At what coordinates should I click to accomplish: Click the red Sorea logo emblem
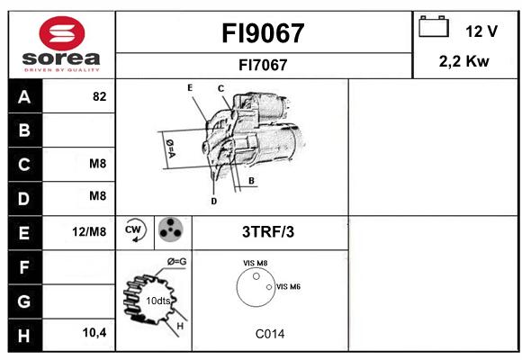click(x=62, y=33)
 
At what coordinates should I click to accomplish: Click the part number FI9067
click(x=263, y=33)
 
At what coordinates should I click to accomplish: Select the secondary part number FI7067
click(x=263, y=65)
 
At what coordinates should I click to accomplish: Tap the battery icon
click(x=434, y=26)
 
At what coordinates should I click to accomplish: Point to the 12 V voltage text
click(x=481, y=31)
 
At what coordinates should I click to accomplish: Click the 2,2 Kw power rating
click(x=463, y=61)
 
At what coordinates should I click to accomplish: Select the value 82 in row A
click(x=100, y=96)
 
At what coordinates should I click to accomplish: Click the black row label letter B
click(x=24, y=130)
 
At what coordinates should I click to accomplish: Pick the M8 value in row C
click(x=97, y=164)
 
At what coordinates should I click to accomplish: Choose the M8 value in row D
click(x=97, y=196)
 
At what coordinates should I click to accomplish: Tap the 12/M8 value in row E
click(x=89, y=232)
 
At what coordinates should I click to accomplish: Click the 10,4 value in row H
click(x=94, y=332)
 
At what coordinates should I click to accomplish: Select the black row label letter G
click(x=24, y=301)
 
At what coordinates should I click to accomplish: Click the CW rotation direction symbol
click(x=134, y=229)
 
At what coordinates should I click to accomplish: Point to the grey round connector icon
click(x=170, y=229)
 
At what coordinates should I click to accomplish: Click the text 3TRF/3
click(x=268, y=232)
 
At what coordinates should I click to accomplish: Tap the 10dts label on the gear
click(x=158, y=301)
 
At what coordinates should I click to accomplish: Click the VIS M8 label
click(x=255, y=263)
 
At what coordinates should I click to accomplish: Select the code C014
click(x=270, y=334)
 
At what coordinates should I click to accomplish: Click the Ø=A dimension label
click(x=170, y=148)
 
